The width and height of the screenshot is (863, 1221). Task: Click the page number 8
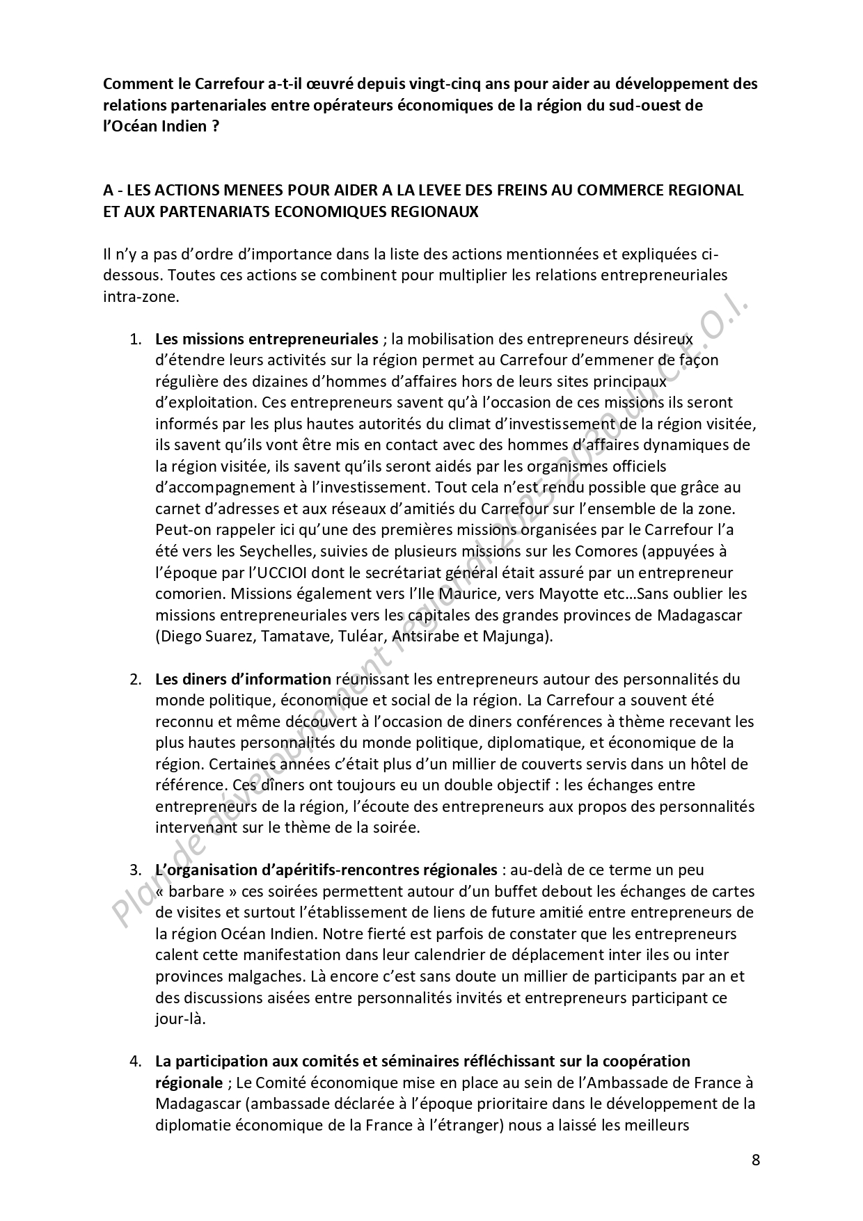[756, 1160]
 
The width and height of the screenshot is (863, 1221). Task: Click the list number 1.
[134, 340]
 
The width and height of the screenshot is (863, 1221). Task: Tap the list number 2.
[134, 679]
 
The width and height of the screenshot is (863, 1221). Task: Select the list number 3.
[134, 870]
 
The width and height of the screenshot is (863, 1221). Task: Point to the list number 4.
[134, 1062]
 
